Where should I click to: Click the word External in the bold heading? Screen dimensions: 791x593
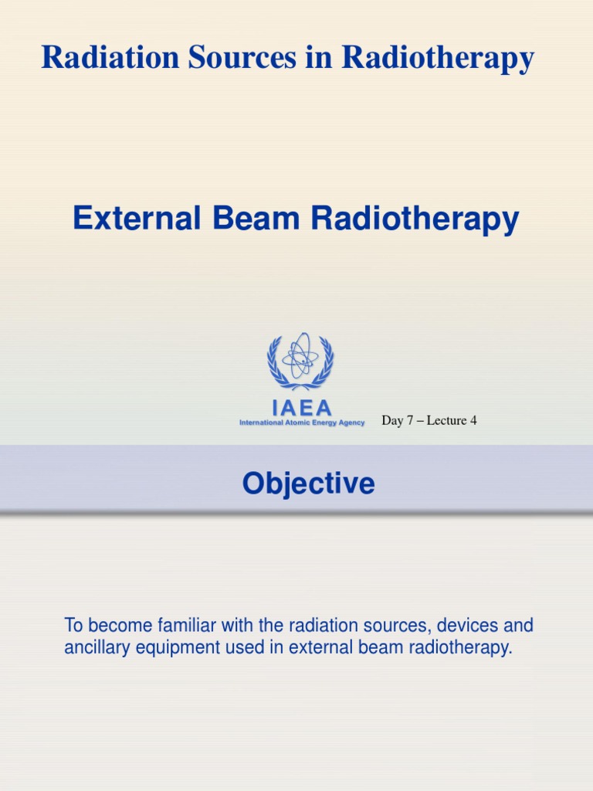(x=130, y=219)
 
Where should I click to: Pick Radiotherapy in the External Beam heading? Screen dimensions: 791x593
(x=415, y=221)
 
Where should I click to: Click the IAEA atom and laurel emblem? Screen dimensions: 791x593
(x=300, y=361)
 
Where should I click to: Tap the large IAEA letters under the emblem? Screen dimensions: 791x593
(x=301, y=408)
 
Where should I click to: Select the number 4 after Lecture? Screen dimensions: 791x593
(x=473, y=421)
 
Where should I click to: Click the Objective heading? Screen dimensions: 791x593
(x=308, y=484)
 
